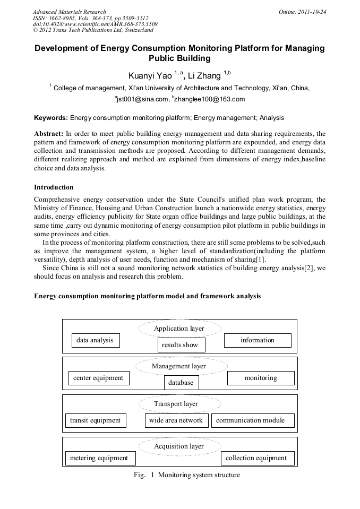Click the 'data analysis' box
tap(95, 340)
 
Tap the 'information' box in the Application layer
tap(258, 340)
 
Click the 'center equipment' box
tap(98, 378)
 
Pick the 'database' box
tap(181, 382)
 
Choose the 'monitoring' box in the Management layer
tap(261, 378)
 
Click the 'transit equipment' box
tap(96, 420)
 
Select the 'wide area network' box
tap(176, 420)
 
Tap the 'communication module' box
tap(250, 420)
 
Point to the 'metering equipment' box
tap(99, 458)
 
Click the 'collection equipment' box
tap(256, 458)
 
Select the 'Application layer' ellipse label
tap(179, 329)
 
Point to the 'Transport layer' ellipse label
tap(176, 404)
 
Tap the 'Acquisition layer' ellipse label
tap(179, 446)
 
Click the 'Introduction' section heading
tap(54, 187)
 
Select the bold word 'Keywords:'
tap(51, 117)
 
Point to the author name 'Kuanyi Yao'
tap(150, 76)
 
